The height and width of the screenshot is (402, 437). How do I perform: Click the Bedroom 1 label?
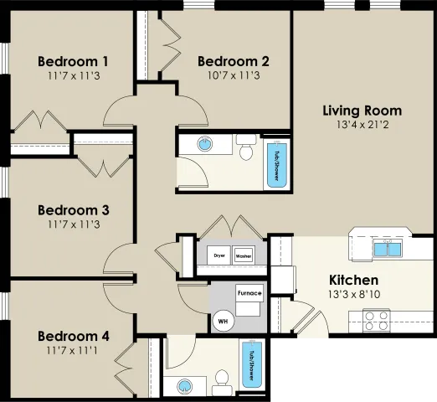tap(73, 61)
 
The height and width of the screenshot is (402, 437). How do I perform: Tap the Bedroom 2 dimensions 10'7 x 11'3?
tap(234, 75)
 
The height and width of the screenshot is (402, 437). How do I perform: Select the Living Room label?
tap(362, 111)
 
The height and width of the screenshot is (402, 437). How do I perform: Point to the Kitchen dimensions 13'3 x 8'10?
tap(354, 294)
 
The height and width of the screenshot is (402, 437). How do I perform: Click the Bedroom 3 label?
tap(74, 210)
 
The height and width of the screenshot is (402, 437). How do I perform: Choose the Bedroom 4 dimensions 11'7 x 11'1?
tap(72, 350)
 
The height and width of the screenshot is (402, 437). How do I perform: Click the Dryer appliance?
tap(218, 255)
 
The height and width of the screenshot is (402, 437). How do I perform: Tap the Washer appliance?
tap(244, 255)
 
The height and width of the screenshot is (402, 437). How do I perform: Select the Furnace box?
tap(249, 293)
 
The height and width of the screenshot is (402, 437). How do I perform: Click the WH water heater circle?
tap(224, 321)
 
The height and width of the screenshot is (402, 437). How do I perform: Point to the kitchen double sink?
tap(388, 249)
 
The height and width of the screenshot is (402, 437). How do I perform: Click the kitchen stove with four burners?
tap(377, 321)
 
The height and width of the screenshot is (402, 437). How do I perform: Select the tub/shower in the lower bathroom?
tap(252, 363)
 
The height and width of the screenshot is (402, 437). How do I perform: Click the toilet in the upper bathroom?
tap(246, 147)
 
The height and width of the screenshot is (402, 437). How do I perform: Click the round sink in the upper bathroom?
tap(205, 144)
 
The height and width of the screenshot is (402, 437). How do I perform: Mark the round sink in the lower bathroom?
tap(184, 386)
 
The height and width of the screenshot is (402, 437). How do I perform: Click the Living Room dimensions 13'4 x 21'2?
tap(362, 125)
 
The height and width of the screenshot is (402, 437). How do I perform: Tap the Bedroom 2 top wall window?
tap(199, 5)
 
